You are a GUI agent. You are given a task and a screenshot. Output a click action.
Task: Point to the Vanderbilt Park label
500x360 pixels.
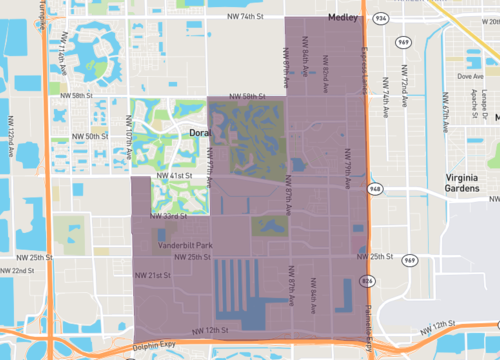tap(182, 245)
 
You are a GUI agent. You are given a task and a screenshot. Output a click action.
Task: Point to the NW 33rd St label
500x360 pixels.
tap(167, 215)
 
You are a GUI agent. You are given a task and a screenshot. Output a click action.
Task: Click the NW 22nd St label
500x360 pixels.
tap(17, 271)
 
